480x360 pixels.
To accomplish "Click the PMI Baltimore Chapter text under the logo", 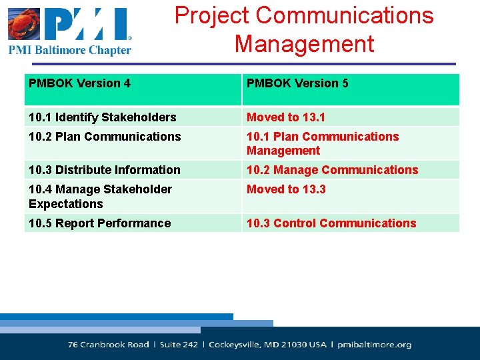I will [70, 50].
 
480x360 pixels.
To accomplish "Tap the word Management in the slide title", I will [304, 44].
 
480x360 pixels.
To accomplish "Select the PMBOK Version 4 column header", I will [79, 83].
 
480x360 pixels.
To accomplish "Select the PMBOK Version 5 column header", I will [297, 83].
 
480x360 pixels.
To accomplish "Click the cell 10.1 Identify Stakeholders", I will [102, 117].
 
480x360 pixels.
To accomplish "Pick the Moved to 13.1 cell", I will [286, 117].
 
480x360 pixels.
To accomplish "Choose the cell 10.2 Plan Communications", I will [105, 137].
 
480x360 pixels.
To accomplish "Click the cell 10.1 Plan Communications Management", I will [323, 143].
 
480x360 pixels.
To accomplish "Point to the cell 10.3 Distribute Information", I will [104, 170].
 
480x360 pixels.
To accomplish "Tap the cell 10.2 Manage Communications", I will [332, 170].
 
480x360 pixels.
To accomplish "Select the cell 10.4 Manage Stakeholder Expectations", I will [100, 197].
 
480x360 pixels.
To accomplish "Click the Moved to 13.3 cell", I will [286, 189].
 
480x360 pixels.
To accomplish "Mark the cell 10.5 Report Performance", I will [99, 223].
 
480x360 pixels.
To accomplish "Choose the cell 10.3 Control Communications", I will [331, 223].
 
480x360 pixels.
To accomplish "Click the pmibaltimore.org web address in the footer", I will [375, 345].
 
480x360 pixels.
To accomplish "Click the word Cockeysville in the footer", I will [238, 345].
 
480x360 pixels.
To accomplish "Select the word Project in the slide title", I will [212, 15].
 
